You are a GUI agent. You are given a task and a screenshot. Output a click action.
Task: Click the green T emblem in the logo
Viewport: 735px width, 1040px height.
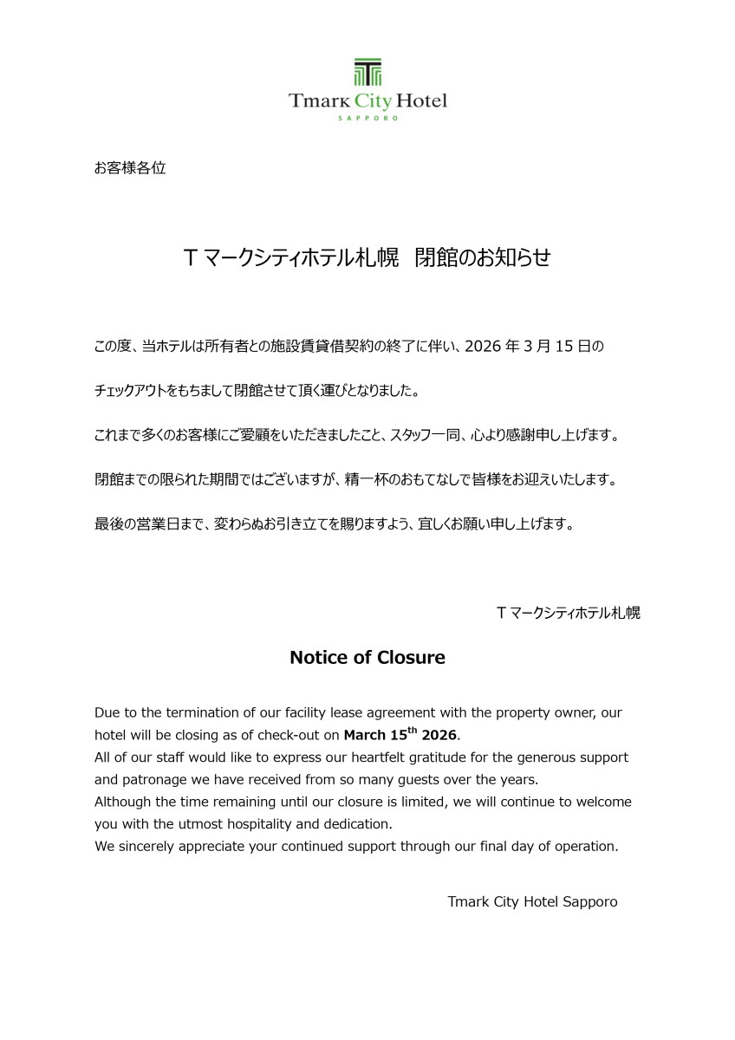click(x=367, y=72)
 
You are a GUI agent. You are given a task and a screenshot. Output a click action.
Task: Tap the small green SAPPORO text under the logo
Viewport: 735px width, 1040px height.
click(x=367, y=119)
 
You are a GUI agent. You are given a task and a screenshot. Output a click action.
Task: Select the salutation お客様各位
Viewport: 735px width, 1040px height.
click(x=130, y=168)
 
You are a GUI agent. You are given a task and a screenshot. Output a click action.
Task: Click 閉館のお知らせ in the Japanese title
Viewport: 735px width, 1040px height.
click(x=483, y=257)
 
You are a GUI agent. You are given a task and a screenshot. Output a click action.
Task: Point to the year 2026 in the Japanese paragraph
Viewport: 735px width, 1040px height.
click(x=483, y=347)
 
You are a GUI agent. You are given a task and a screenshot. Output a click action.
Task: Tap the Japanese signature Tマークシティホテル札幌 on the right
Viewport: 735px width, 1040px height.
click(x=568, y=613)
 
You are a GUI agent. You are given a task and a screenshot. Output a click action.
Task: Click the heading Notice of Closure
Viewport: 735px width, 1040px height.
click(x=367, y=658)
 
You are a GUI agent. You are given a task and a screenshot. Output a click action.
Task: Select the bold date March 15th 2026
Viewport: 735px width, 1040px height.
click(x=400, y=735)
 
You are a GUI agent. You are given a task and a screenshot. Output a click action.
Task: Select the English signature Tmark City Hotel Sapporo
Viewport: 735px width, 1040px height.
click(x=532, y=902)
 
